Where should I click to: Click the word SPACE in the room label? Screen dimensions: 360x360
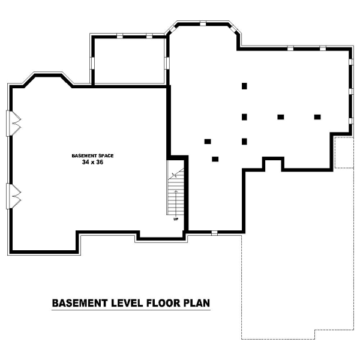[x=106, y=155]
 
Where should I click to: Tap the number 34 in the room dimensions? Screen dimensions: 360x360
[x=85, y=162]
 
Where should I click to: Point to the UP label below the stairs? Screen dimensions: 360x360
[x=176, y=219]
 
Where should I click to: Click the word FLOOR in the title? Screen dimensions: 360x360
[x=163, y=303]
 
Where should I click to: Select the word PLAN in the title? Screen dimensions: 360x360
[x=197, y=303]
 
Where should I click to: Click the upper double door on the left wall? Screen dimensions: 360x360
[x=13, y=123]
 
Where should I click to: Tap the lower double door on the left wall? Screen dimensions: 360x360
[x=13, y=196]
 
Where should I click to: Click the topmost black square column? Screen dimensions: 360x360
[x=244, y=86]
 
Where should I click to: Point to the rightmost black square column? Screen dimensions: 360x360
[x=317, y=117]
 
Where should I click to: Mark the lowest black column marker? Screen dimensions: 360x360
[x=215, y=159]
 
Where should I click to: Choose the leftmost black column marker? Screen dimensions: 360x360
[x=208, y=142]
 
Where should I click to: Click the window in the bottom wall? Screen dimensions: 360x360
[x=214, y=233]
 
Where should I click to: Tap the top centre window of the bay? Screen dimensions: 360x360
[x=203, y=23]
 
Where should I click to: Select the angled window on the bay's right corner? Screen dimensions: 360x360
[x=234, y=28]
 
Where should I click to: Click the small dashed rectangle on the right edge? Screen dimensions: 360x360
[x=344, y=152]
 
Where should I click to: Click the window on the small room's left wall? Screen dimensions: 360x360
[x=92, y=62]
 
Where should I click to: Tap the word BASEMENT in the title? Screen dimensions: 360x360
[x=80, y=303]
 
